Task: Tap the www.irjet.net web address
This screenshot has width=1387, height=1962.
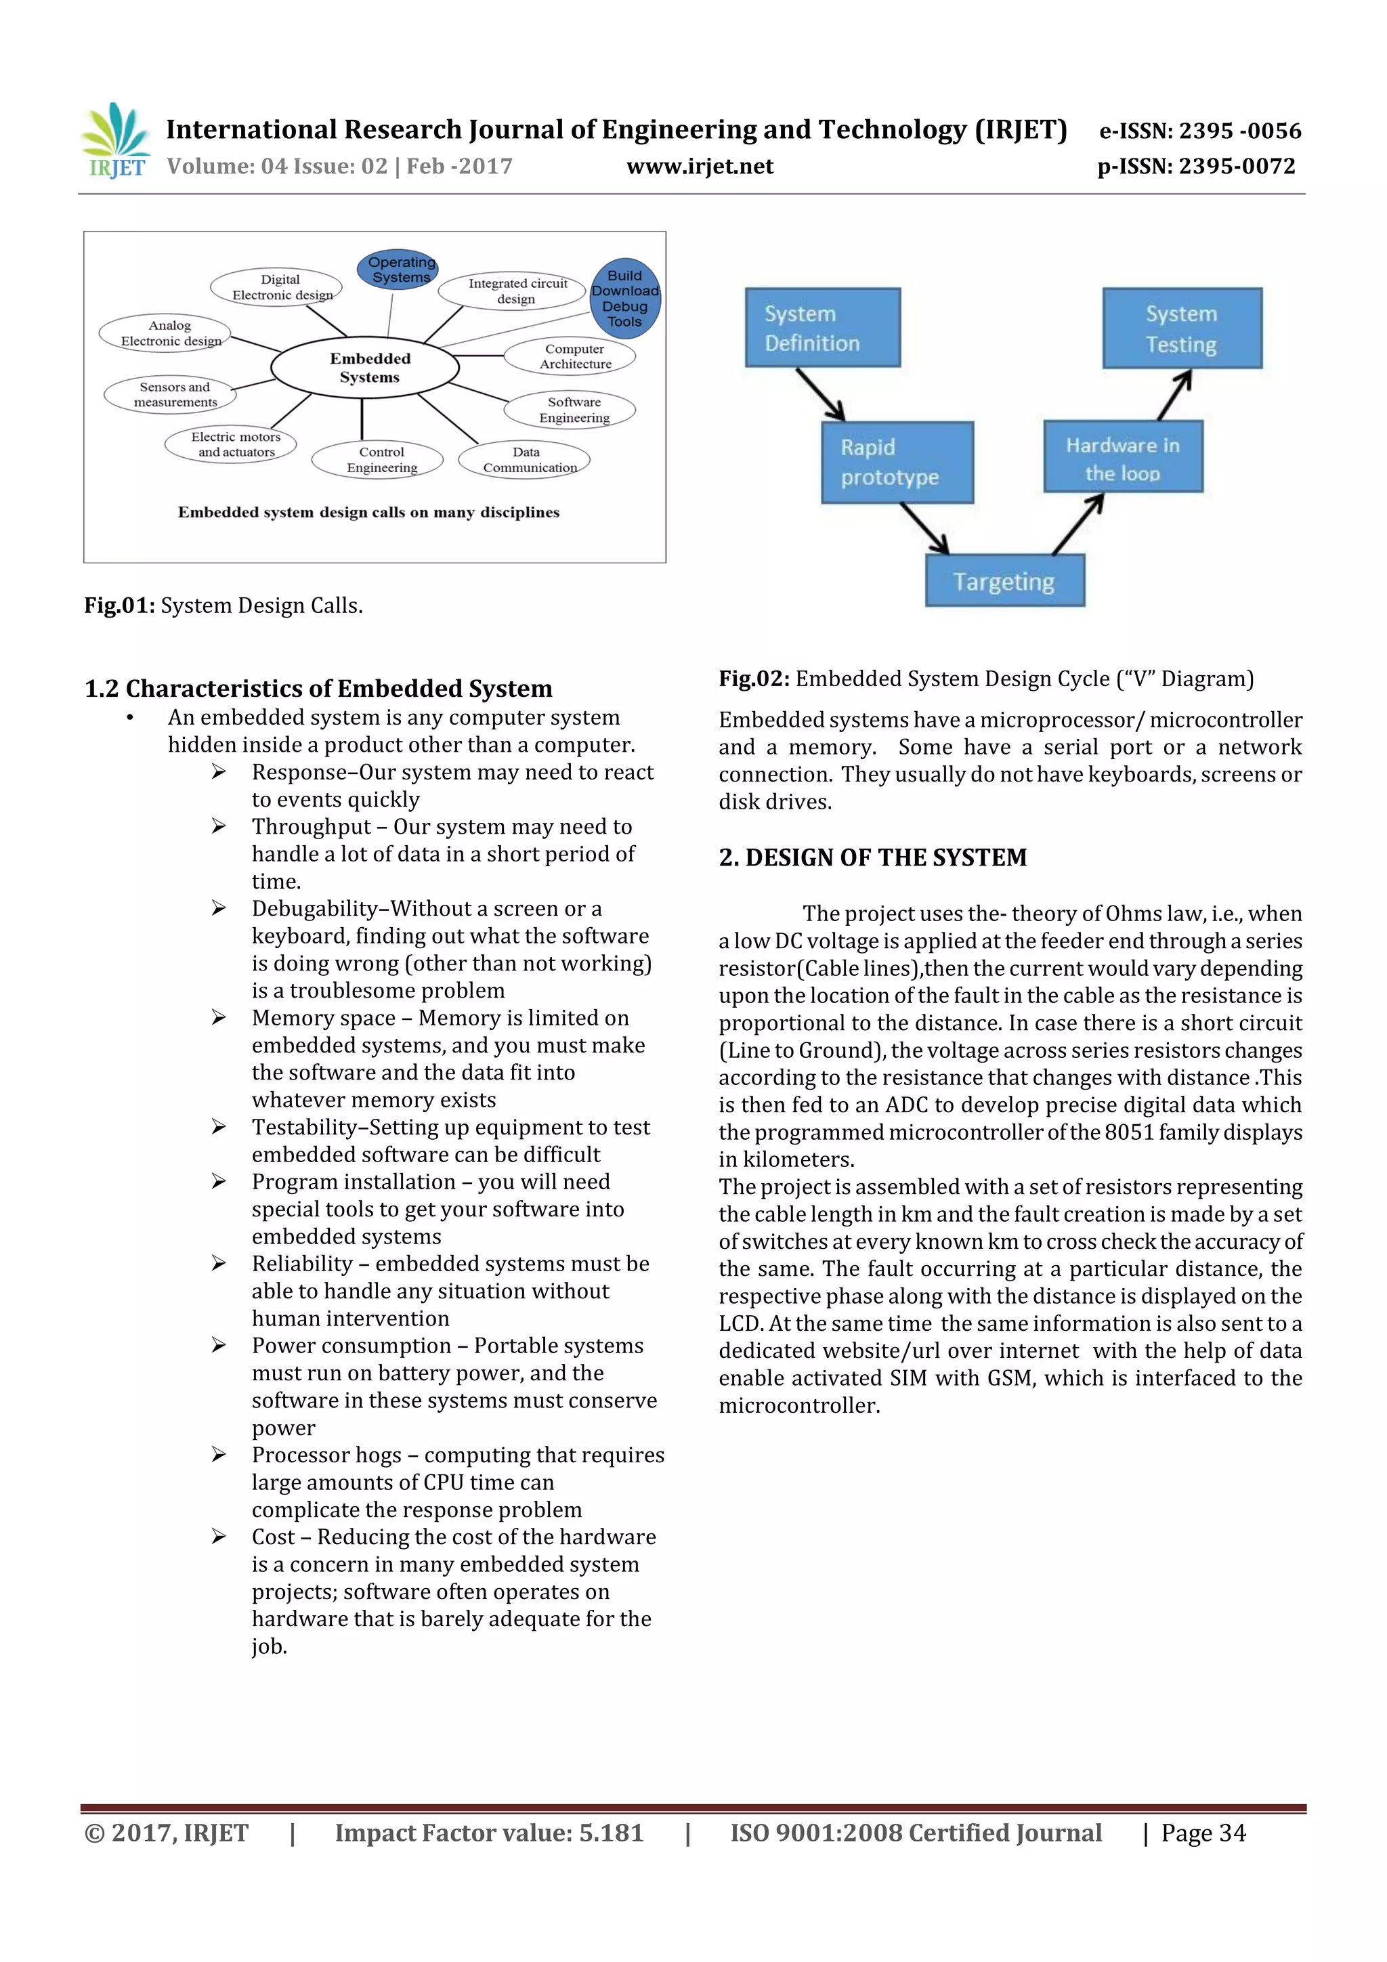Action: tap(699, 167)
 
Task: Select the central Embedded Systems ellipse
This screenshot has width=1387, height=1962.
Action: tap(365, 368)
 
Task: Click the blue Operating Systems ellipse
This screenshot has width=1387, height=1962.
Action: tap(398, 270)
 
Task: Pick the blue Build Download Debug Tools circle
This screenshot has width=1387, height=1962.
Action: tap(624, 298)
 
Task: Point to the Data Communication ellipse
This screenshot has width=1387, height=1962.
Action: tap(525, 460)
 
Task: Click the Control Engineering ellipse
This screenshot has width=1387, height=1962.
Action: tap(378, 460)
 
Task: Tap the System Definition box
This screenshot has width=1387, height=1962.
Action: tap(822, 328)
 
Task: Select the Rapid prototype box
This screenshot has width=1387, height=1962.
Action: tap(897, 463)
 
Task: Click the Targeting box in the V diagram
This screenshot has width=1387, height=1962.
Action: tap(1004, 581)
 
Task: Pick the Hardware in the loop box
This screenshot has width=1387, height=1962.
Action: tap(1122, 457)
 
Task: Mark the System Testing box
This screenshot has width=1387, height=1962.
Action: tap(1181, 329)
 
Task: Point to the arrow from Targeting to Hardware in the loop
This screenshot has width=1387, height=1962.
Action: tap(1077, 524)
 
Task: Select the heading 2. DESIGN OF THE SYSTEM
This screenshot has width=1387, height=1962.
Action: tap(872, 857)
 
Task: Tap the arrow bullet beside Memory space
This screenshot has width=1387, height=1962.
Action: tap(219, 1018)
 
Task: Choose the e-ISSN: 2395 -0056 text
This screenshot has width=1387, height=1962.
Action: tap(1199, 131)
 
